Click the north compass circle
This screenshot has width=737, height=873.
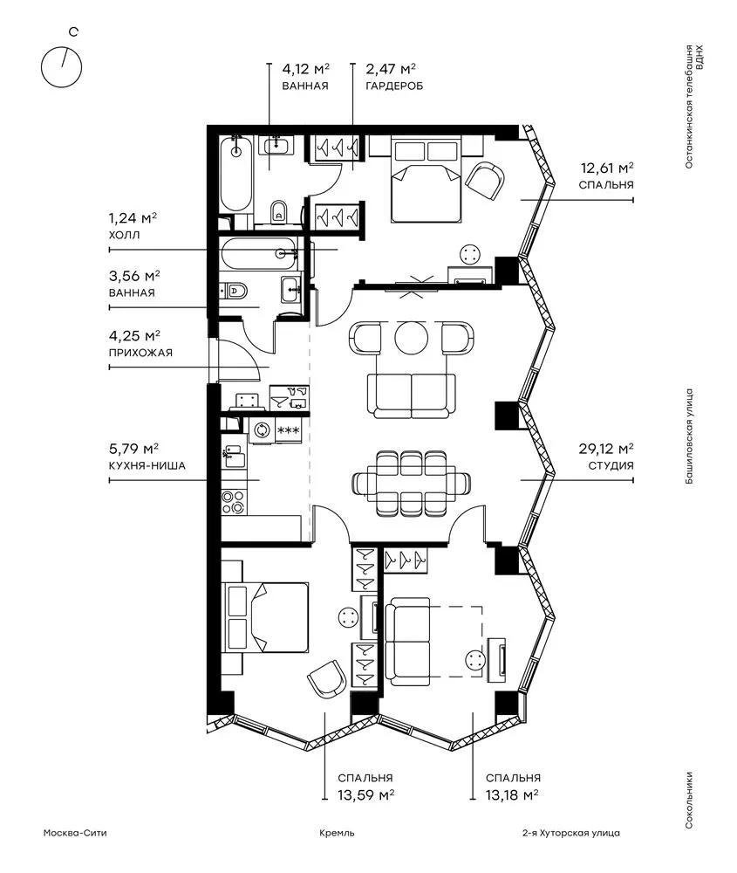click(x=42, y=67)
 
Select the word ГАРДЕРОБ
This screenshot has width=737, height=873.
click(x=394, y=86)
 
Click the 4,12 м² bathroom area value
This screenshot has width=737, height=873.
click(x=306, y=69)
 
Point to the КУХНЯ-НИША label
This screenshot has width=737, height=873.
click(x=147, y=465)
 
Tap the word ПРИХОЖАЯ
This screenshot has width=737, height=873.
click(x=140, y=353)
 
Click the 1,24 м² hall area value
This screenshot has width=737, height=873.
click(x=133, y=217)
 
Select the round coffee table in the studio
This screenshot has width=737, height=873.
click(x=412, y=336)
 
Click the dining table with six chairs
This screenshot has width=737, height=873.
click(x=412, y=483)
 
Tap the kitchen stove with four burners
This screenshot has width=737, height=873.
click(x=233, y=501)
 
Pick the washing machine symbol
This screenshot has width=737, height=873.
click(x=262, y=430)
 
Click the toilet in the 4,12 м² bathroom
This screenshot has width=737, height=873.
click(x=277, y=211)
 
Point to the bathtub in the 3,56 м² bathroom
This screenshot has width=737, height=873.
click(x=258, y=253)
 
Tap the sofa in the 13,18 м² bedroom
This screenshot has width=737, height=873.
click(x=407, y=642)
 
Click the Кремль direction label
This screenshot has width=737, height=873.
click(x=337, y=833)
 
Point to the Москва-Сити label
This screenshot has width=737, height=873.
click(x=75, y=833)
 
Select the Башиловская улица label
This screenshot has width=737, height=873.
click(x=689, y=436)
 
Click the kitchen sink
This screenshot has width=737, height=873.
click(x=234, y=457)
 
